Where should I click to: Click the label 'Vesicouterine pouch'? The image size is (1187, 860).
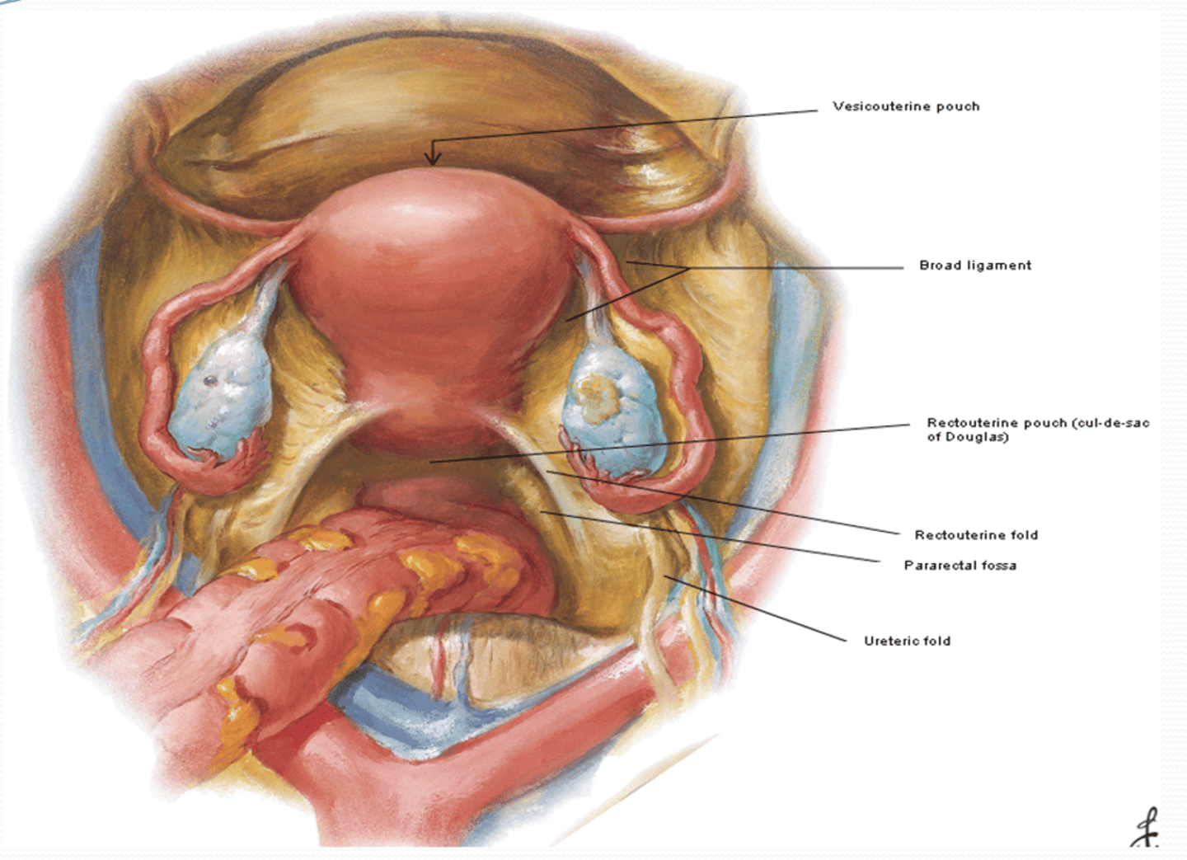click(x=906, y=106)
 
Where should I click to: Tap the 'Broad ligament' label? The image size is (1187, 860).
click(x=975, y=266)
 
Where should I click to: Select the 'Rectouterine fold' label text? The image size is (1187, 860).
click(x=976, y=534)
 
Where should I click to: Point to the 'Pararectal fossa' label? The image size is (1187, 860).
click(x=960, y=565)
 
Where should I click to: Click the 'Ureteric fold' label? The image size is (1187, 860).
click(x=908, y=641)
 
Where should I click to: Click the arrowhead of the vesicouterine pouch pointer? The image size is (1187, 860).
click(x=433, y=157)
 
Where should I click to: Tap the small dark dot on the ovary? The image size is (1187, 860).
click(x=211, y=379)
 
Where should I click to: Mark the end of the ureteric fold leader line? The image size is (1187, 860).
click(x=665, y=576)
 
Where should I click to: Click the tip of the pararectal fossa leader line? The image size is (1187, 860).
click(x=541, y=512)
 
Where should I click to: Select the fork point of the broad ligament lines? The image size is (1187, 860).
click(x=689, y=269)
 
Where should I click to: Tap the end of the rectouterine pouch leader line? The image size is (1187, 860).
click(x=430, y=463)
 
